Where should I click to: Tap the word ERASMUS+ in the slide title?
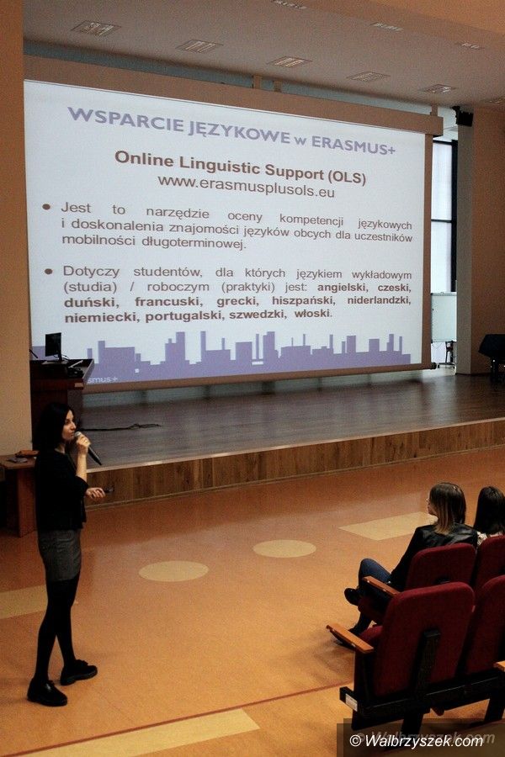click(x=353, y=146)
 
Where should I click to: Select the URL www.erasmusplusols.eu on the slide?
click(x=246, y=187)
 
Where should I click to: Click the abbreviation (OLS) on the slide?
click(x=347, y=177)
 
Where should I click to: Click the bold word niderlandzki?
click(x=379, y=300)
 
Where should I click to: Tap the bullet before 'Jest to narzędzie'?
click(x=46, y=207)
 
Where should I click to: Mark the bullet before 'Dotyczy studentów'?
click(x=48, y=272)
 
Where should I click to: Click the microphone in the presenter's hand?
click(x=88, y=448)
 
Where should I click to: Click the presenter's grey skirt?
click(x=59, y=553)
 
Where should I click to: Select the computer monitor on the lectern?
click(x=53, y=347)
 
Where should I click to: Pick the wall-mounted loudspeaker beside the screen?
click(x=463, y=116)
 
